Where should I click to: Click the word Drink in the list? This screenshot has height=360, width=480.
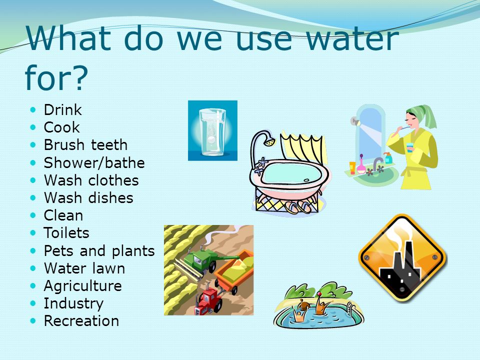[63, 110]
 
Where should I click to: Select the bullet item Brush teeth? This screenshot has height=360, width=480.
[85, 145]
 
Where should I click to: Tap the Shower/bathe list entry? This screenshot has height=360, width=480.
[94, 163]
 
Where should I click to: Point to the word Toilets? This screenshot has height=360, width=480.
[66, 233]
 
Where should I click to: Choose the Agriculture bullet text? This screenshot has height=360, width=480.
[82, 286]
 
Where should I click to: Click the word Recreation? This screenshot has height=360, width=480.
[81, 321]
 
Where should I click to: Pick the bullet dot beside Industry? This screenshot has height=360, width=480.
[33, 303]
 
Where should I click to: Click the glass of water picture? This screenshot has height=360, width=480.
[212, 130]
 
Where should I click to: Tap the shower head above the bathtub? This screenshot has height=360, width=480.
[269, 141]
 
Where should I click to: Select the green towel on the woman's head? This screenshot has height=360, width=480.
[423, 114]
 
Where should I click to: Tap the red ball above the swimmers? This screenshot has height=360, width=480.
[319, 294]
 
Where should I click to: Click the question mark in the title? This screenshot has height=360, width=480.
[80, 77]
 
